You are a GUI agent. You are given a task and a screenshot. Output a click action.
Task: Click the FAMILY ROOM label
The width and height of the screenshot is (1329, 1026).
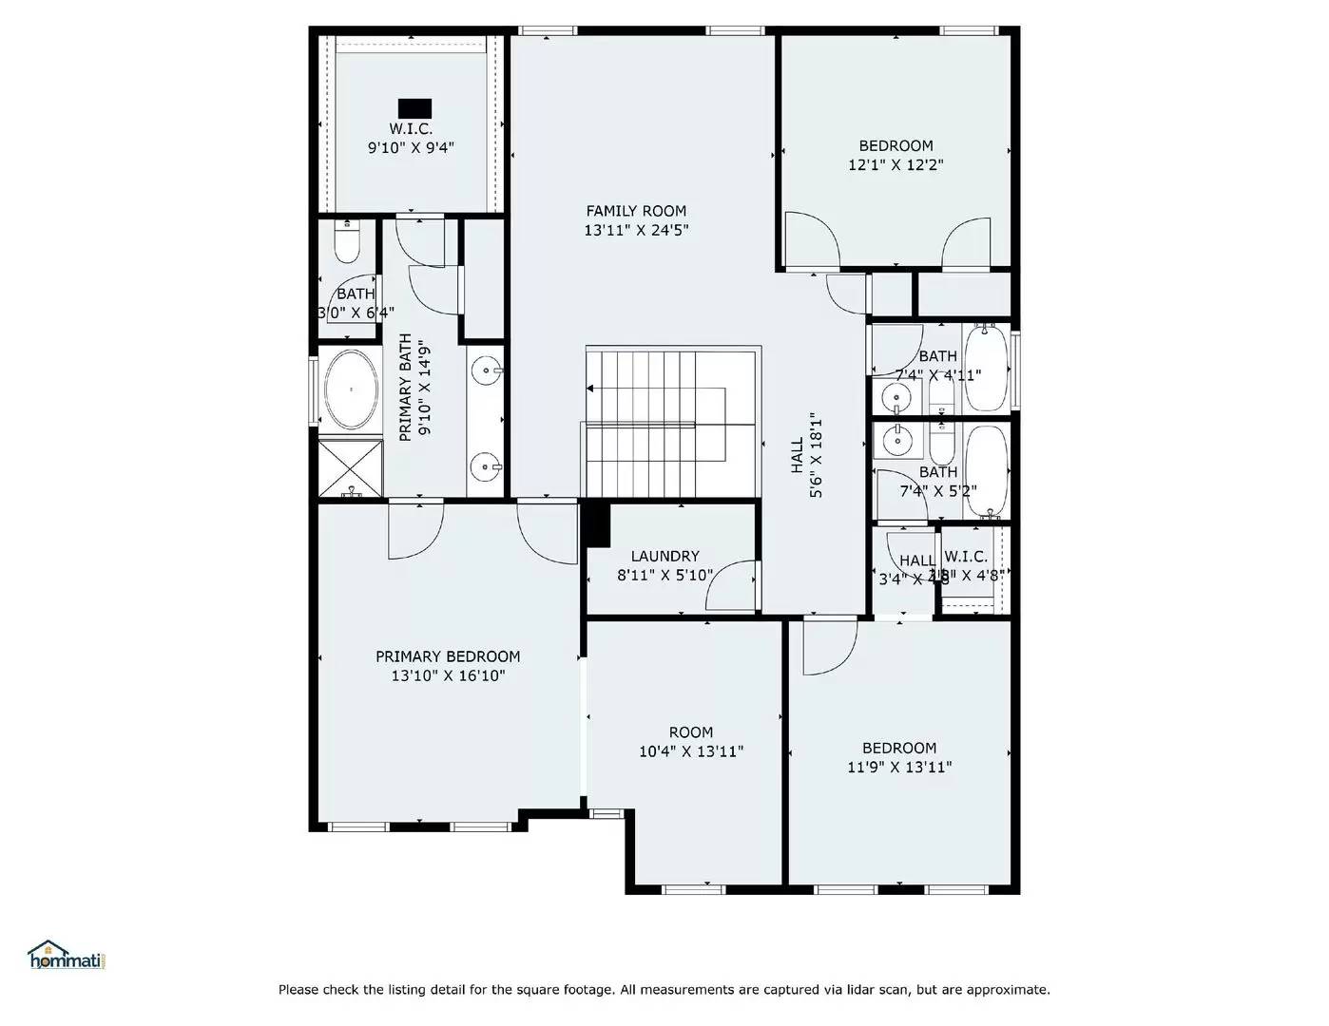click(x=635, y=211)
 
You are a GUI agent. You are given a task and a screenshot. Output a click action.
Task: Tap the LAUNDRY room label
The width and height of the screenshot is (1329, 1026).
click(x=664, y=556)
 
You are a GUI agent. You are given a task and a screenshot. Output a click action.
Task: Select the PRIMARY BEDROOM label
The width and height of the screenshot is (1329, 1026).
click(x=448, y=656)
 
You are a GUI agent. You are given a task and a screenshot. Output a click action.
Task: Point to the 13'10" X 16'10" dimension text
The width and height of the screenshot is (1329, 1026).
click(x=448, y=676)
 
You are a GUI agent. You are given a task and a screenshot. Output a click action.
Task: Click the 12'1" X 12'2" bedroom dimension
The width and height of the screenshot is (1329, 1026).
click(x=896, y=165)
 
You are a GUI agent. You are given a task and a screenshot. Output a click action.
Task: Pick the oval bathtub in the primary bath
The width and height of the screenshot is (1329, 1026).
click(x=351, y=389)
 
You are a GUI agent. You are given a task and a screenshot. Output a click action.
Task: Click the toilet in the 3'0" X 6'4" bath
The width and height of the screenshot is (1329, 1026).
click(x=346, y=243)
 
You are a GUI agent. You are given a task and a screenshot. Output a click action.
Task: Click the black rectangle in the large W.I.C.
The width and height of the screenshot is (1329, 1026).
click(x=414, y=107)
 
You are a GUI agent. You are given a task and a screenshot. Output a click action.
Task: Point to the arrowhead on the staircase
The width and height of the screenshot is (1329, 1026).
click(x=591, y=389)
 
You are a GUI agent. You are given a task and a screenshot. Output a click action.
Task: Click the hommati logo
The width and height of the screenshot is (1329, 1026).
click(x=66, y=955)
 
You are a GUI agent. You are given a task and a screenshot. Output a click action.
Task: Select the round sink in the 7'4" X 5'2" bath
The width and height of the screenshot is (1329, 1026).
click(x=895, y=440)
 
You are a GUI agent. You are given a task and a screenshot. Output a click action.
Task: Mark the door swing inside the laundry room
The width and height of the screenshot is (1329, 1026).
click(x=732, y=585)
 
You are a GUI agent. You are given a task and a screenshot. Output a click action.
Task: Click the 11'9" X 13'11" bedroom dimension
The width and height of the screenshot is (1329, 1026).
click(x=899, y=768)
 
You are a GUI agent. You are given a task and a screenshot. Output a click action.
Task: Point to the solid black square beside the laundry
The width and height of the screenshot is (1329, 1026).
click(x=596, y=524)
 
